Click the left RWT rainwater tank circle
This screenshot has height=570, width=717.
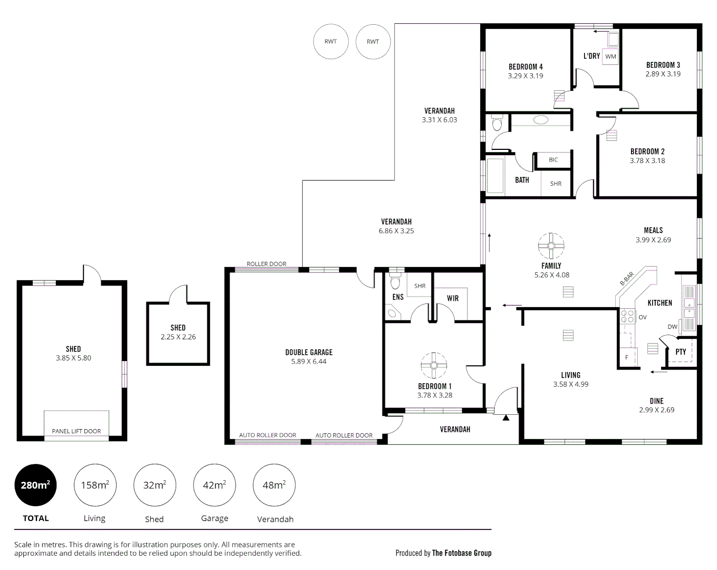(x=331, y=42)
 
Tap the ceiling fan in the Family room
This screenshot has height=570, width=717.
(x=551, y=246)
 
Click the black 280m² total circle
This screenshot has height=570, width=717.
(x=35, y=485)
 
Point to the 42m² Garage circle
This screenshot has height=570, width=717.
(x=214, y=485)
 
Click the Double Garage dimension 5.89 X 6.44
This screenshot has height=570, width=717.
(x=309, y=362)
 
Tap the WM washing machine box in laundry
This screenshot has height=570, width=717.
(x=610, y=56)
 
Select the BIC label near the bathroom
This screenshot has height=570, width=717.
(x=553, y=160)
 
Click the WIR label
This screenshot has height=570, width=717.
(x=453, y=298)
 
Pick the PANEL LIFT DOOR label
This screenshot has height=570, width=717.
(x=77, y=431)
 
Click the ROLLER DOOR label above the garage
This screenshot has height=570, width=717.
(x=266, y=264)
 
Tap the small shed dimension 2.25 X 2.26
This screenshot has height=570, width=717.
(x=178, y=337)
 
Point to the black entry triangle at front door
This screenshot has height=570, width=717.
(x=506, y=418)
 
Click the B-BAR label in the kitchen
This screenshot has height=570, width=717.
(x=627, y=279)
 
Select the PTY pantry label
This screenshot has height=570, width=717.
(x=681, y=352)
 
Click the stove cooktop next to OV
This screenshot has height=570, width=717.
(x=627, y=316)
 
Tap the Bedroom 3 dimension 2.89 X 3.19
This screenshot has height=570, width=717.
(x=663, y=74)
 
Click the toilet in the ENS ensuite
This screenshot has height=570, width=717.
(x=395, y=282)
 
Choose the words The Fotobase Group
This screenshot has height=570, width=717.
(x=462, y=553)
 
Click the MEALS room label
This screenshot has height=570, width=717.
(x=653, y=230)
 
